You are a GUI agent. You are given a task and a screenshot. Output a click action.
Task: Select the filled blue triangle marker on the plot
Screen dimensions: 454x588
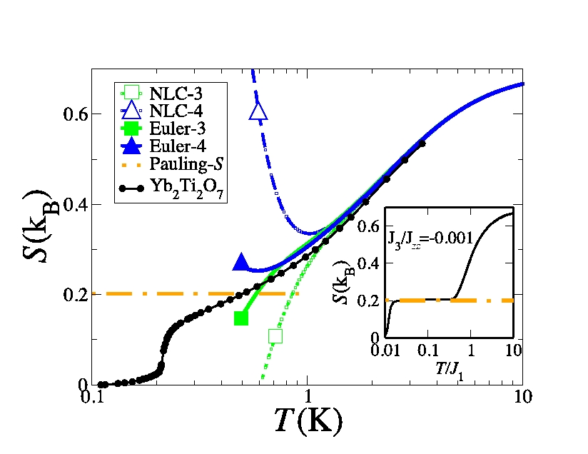point(241,262)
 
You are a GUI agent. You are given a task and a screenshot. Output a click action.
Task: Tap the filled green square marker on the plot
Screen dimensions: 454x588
point(241,318)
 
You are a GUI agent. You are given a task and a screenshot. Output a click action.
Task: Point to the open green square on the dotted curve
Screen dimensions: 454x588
point(275,336)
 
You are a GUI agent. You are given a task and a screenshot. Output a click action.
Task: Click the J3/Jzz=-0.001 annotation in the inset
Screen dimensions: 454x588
point(429,237)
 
